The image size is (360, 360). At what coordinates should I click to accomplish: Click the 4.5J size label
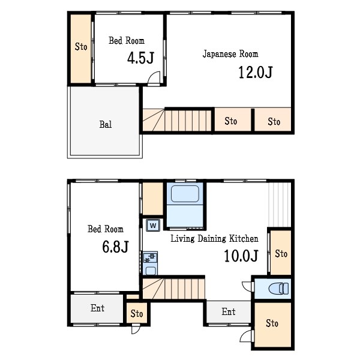[x=140, y=58]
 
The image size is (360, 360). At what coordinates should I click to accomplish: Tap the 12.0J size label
[x=256, y=72]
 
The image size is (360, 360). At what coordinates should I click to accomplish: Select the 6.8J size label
[x=115, y=247]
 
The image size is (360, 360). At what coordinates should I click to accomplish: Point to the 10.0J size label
[x=241, y=256]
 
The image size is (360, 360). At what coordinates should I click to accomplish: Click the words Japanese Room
[x=230, y=54]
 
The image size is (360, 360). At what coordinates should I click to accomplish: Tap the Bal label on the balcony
[x=106, y=124]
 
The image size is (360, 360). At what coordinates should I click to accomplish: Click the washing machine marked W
[x=153, y=225]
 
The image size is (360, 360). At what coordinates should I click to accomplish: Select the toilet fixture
[x=278, y=289]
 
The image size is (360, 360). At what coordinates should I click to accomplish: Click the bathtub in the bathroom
[x=185, y=194]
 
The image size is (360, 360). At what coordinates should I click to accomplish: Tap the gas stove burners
[x=150, y=257]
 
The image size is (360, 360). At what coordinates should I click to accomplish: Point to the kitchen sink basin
[x=151, y=271]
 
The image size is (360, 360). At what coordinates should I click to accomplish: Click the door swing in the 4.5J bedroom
[x=154, y=77]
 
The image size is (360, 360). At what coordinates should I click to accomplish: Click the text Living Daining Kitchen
[x=214, y=239]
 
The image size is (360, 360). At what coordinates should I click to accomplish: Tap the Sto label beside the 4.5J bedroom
[x=81, y=47]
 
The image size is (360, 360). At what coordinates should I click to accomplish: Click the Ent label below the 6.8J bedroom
[x=98, y=308]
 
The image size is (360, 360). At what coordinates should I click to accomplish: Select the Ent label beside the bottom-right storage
[x=229, y=312]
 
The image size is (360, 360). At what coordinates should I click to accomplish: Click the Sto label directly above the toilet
[x=281, y=254]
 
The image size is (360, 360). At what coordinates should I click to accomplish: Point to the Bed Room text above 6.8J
[x=106, y=229]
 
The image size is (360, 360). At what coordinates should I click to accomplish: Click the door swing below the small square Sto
[x=136, y=330]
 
